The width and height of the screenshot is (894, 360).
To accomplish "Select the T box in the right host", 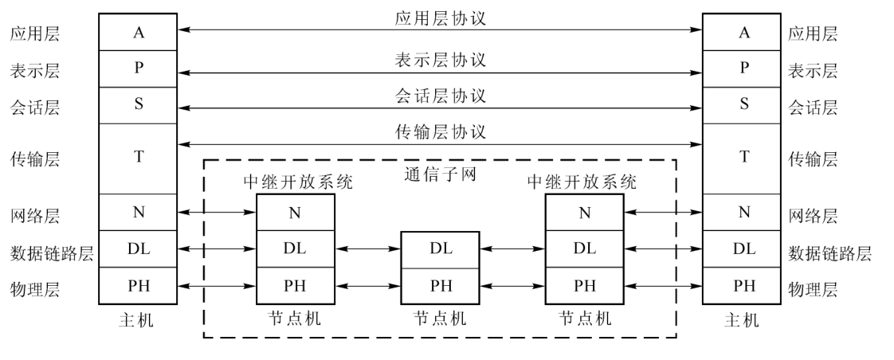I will pos(744,158).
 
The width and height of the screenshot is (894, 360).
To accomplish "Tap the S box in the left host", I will pos(139,104).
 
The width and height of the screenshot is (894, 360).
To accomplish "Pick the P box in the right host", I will pos(744,68).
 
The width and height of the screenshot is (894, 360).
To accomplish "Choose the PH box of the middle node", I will pos(440,285).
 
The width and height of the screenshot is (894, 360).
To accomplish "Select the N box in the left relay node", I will pos(296,212).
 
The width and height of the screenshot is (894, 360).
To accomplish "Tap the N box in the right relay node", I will pos(585,212).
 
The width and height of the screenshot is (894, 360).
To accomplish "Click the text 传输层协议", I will pos(440,131).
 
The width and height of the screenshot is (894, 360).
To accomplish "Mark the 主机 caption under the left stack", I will pos(139,320).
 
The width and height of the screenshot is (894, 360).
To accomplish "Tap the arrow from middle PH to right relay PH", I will pos(512,285).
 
